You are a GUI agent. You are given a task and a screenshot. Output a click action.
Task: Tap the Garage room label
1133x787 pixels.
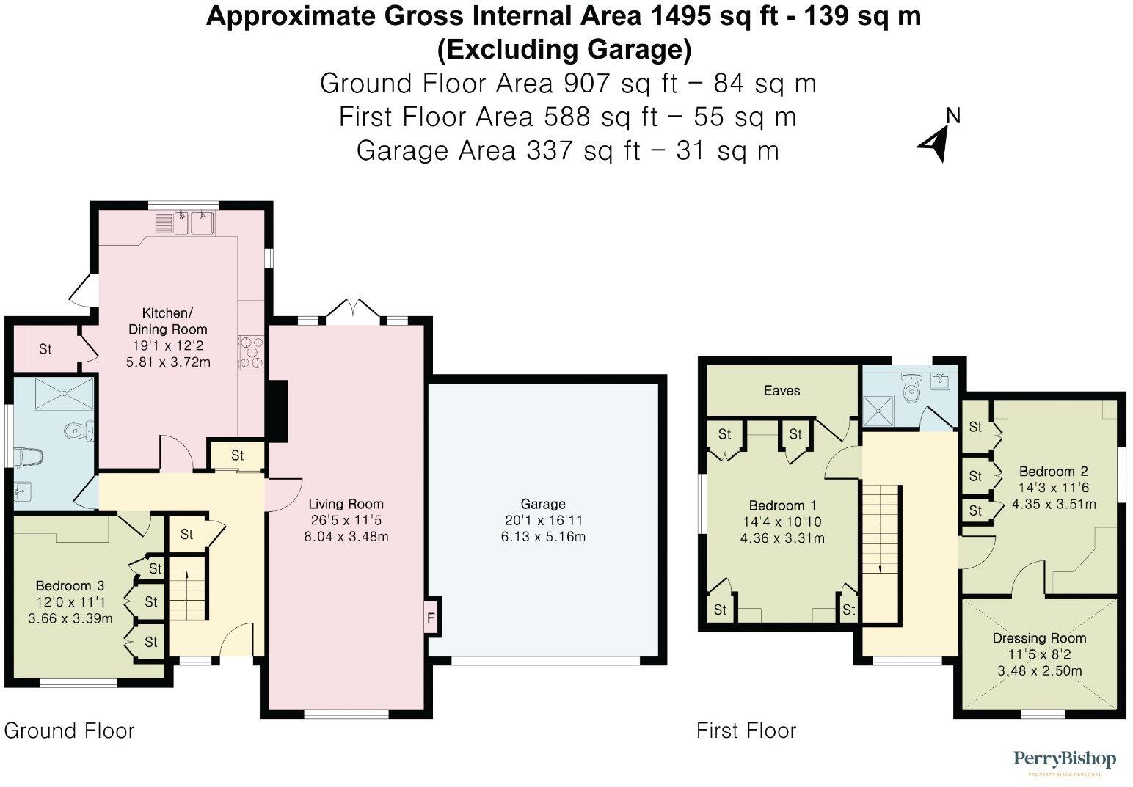(x=542, y=504)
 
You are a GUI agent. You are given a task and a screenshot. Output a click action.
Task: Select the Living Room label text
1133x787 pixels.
(x=346, y=504)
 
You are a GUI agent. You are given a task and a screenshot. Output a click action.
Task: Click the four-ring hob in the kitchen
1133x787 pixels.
(x=251, y=351)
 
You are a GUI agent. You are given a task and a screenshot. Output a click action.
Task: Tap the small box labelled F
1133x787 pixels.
(x=431, y=618)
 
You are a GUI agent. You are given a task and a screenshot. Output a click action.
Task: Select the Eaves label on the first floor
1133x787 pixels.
(x=782, y=390)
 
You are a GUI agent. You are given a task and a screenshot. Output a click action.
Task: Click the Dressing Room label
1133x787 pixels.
(x=1039, y=638)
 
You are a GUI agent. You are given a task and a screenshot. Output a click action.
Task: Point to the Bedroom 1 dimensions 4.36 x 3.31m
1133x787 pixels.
(x=782, y=538)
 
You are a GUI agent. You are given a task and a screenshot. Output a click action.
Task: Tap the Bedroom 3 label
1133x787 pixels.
(x=70, y=585)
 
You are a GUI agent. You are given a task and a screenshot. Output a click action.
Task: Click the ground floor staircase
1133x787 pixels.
(x=188, y=587)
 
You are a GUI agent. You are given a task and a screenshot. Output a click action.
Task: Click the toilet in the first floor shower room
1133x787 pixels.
(x=911, y=389)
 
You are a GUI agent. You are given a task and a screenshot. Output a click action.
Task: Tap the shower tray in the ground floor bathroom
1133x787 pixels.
(x=55, y=393)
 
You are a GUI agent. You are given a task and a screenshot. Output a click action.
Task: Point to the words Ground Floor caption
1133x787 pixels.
(x=69, y=731)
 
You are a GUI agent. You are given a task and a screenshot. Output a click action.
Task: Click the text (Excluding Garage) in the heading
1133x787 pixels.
(x=564, y=50)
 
